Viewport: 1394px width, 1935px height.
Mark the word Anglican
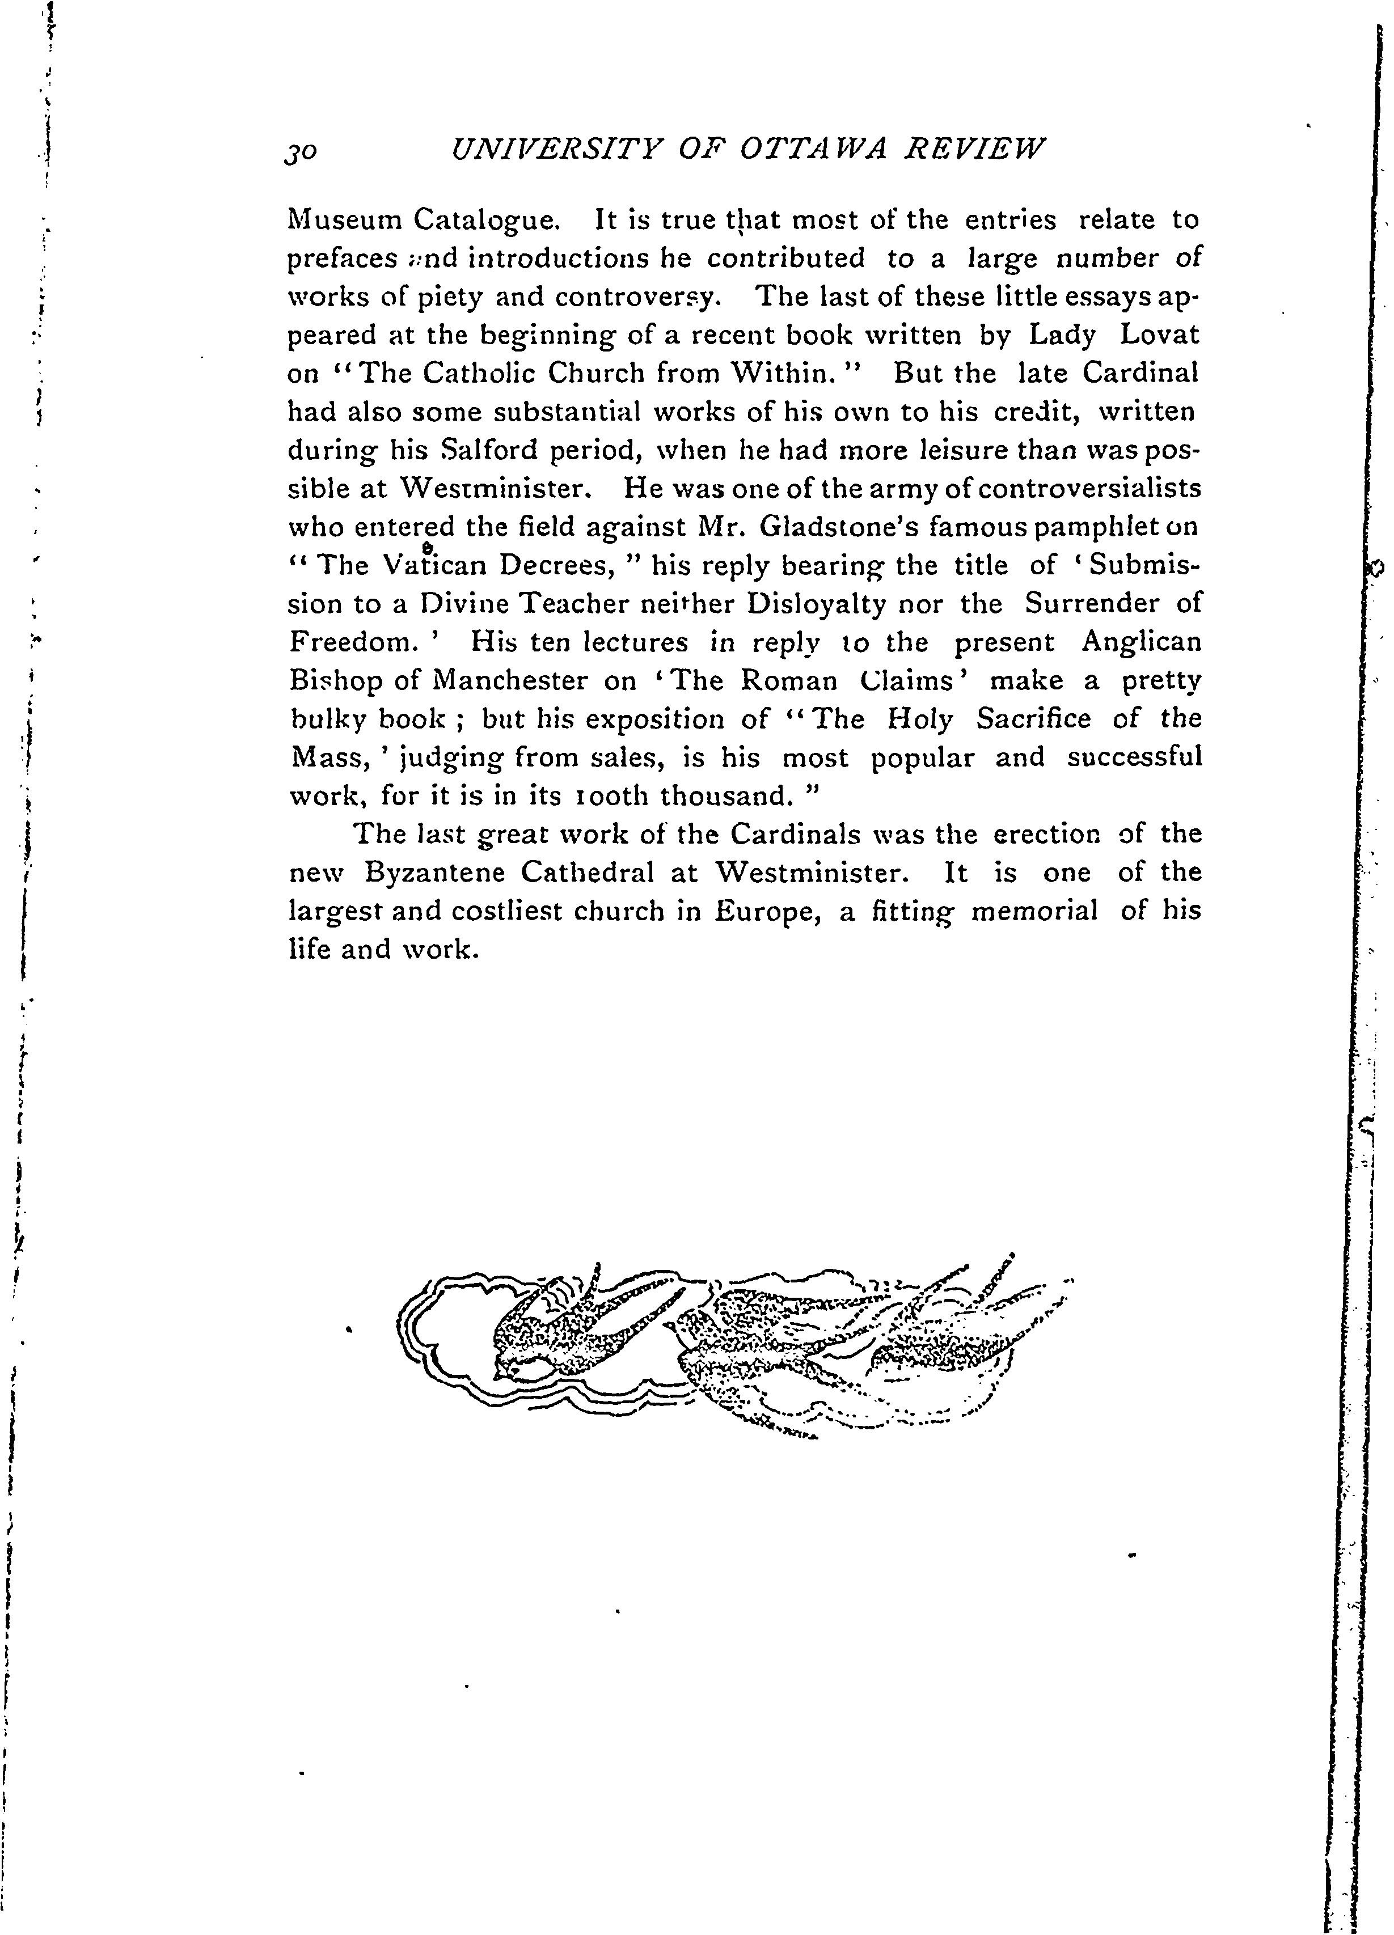click(1140, 642)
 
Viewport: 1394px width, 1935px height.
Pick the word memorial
click(1034, 911)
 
